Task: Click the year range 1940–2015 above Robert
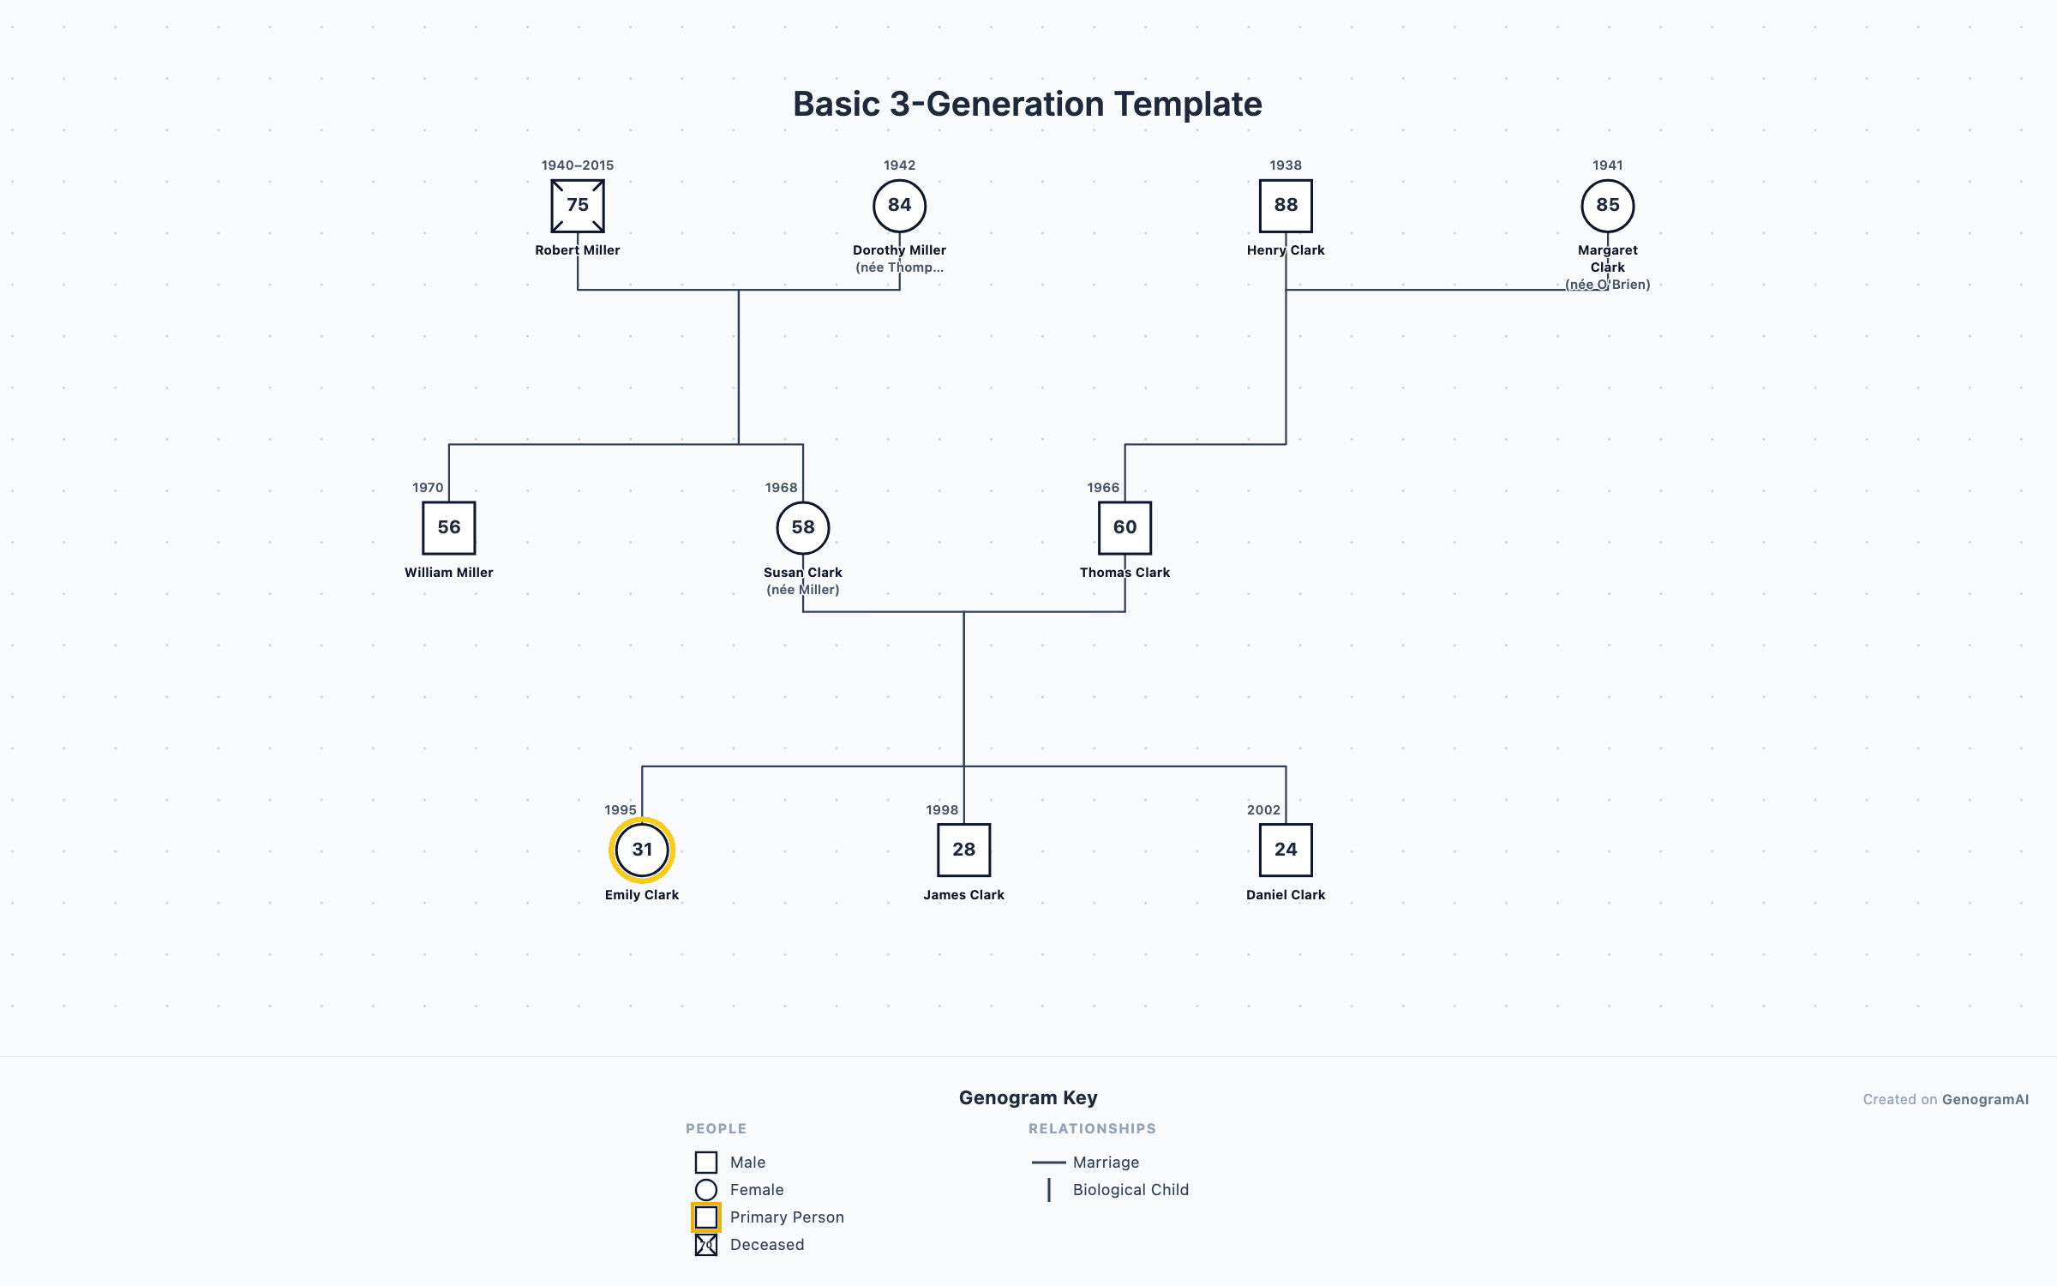click(578, 165)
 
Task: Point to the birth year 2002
click(1263, 810)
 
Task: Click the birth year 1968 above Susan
click(781, 488)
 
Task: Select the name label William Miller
click(449, 573)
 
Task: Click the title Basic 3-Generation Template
click(1028, 104)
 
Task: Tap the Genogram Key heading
click(1028, 1097)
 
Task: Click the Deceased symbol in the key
click(706, 1245)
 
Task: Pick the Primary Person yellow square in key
click(706, 1217)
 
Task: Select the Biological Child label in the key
click(1130, 1190)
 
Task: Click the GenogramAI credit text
click(1946, 1099)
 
